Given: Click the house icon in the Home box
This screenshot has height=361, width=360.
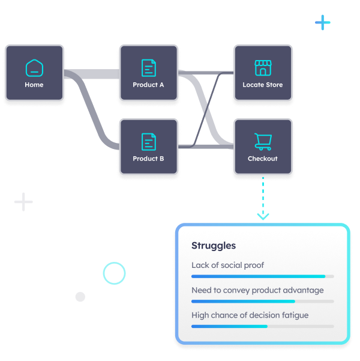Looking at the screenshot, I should click(34, 67).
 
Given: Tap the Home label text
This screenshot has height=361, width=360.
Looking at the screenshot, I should click(34, 85).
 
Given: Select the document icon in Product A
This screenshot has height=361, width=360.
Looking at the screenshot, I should click(148, 67).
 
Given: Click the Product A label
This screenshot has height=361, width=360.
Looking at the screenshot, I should click(148, 85).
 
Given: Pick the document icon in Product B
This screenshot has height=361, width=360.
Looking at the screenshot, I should click(148, 142).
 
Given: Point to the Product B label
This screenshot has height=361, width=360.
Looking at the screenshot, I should click(148, 159).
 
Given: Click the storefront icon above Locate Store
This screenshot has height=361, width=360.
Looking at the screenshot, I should click(263, 67).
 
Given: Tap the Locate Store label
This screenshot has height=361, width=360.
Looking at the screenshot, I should click(263, 85).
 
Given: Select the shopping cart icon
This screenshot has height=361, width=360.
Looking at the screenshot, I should click(263, 142).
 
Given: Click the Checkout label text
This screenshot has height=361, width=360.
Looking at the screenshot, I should click(263, 159).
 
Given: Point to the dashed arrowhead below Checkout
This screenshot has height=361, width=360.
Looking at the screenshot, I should click(263, 216).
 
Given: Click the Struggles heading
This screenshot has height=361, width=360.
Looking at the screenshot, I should click(214, 246).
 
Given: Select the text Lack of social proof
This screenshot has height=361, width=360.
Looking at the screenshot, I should click(227, 265).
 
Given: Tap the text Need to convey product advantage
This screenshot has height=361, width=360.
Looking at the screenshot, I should click(257, 290).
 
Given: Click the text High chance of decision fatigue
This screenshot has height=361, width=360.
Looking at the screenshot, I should click(250, 315).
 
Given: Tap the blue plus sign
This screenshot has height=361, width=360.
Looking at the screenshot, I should click(323, 23).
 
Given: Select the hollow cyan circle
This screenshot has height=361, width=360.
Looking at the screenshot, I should click(114, 273).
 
